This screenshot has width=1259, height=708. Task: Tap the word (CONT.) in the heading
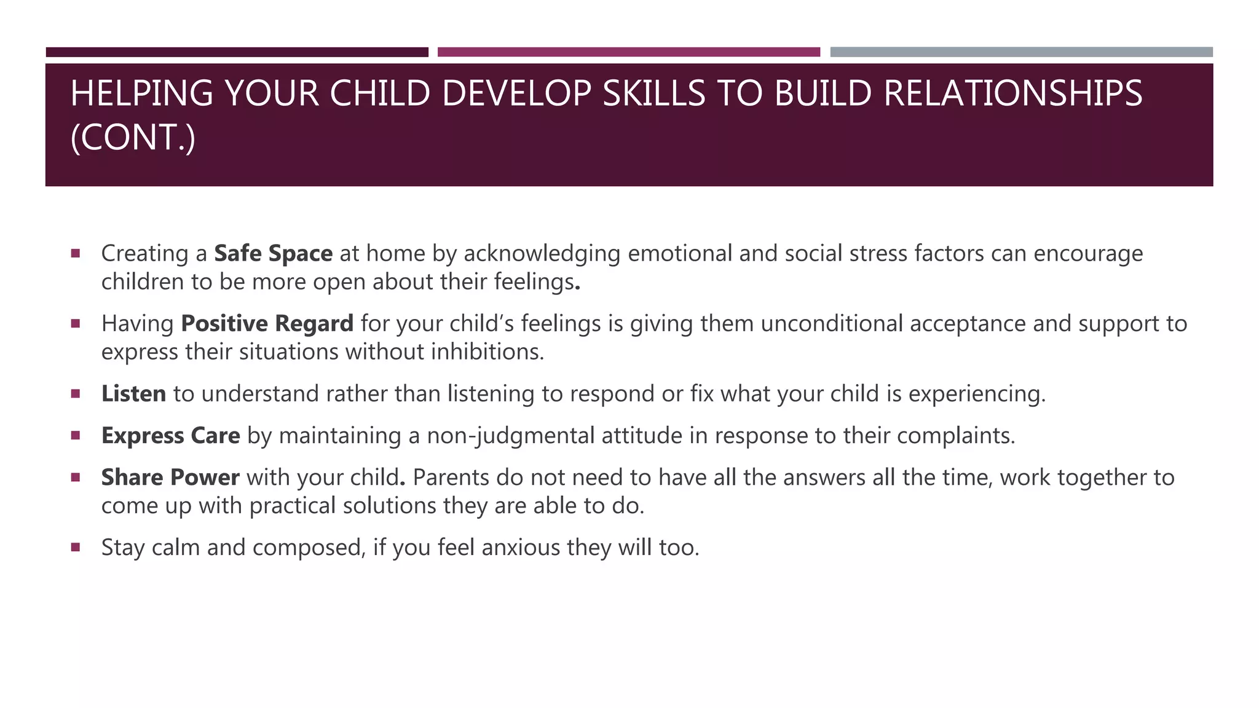[x=133, y=137]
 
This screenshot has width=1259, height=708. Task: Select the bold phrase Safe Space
[x=273, y=254]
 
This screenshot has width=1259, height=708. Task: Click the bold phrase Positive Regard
[x=267, y=324]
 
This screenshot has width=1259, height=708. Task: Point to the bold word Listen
[x=133, y=394]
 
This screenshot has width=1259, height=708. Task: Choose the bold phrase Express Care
[x=170, y=436]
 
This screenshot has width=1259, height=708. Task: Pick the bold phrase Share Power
[x=170, y=478]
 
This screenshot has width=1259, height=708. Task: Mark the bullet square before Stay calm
[x=76, y=546]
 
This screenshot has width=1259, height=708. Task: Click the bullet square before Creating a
[x=76, y=253]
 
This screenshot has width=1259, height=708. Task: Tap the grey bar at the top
[x=1021, y=52]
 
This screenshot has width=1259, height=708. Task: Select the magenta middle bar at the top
[x=628, y=52]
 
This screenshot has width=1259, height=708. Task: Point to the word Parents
[x=451, y=478]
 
